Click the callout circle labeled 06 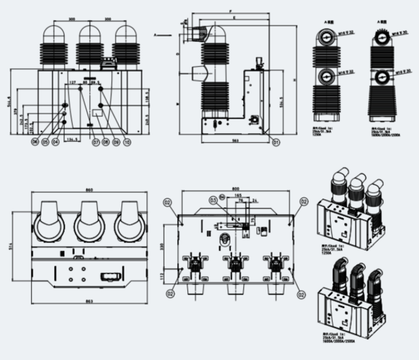click(x=34, y=142)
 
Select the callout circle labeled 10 click(x=127, y=142)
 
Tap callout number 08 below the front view click(x=106, y=142)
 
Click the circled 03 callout click(x=213, y=200)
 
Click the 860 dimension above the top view click(x=89, y=190)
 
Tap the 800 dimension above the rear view click(x=235, y=188)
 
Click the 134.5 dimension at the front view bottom click(x=73, y=139)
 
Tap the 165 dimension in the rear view click(x=238, y=196)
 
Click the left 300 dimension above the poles click(x=72, y=19)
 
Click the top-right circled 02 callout click(x=304, y=201)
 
